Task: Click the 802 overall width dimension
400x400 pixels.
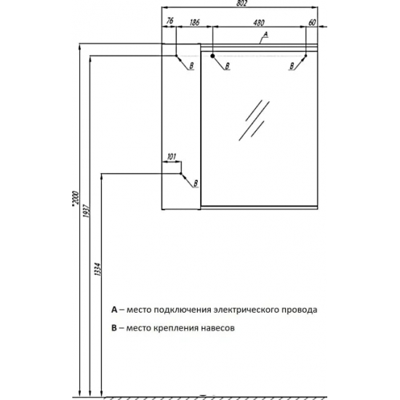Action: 241,4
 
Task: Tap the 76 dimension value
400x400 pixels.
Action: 170,21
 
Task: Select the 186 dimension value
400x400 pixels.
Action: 194,23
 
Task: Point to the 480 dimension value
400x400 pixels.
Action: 259,23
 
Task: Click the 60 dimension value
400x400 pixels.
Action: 312,23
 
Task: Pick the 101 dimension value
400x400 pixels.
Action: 172,156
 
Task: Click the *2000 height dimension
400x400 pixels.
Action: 76,197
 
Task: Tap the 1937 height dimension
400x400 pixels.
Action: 86,210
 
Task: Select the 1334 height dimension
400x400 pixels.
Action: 97,269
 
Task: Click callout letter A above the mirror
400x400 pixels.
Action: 265,34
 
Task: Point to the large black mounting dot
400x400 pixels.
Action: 212,56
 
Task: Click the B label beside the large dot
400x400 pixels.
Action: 227,66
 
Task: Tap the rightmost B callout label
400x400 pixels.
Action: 292,66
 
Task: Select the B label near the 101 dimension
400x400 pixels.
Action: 196,183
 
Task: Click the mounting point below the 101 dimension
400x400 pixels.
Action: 181,174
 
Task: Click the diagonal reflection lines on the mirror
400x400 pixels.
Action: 254,120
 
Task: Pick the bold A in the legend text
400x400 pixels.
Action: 114,310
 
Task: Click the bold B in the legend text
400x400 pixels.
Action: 113,327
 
